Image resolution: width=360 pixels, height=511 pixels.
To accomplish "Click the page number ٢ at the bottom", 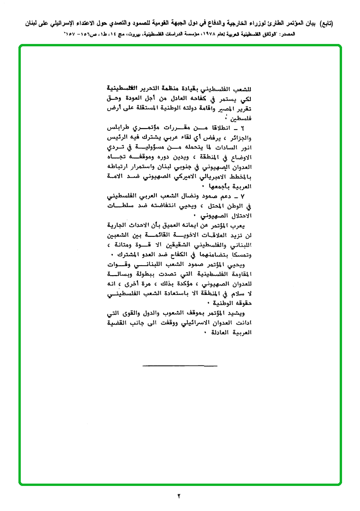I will point(179,496).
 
